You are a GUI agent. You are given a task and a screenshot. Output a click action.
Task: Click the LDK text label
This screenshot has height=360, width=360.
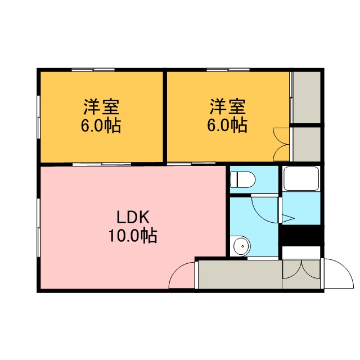click(x=133, y=217)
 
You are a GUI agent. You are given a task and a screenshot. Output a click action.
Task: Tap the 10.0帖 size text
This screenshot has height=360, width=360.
click(x=133, y=236)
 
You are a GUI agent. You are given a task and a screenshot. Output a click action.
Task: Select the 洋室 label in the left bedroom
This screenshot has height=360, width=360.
click(x=101, y=107)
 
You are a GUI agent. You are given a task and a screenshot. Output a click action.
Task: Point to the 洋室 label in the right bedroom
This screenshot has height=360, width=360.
click(x=228, y=106)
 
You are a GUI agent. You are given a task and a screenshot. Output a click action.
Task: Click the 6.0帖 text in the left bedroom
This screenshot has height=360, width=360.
click(x=101, y=125)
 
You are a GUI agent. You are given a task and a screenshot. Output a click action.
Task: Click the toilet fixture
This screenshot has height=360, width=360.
click(x=242, y=179)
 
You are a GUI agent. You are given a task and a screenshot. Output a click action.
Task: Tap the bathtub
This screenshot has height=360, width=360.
click(x=301, y=179)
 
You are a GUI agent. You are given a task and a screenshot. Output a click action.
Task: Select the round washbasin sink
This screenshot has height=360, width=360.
click(x=241, y=246)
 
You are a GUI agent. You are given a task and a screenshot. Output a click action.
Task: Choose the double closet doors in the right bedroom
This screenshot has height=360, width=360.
click(x=281, y=145)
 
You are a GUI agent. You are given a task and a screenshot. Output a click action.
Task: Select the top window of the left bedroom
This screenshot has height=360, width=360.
click(x=93, y=70)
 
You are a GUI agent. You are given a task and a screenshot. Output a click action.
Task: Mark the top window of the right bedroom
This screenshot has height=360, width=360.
click(x=228, y=70)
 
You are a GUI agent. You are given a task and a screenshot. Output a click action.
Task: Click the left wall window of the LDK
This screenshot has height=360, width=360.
click(x=39, y=227)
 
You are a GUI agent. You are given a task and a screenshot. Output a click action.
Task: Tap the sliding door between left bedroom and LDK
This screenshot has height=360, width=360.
click(x=102, y=164)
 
